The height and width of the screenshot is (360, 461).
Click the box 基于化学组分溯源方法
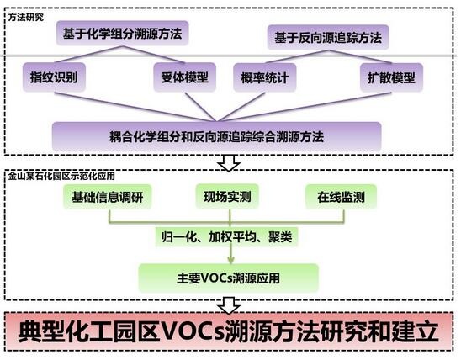[x=122, y=33]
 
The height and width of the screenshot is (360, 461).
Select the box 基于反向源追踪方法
[x=328, y=38]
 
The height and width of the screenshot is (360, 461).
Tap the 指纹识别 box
[x=54, y=77]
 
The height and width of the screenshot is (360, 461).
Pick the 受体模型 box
[x=184, y=77]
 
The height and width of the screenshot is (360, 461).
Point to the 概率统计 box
[x=265, y=78]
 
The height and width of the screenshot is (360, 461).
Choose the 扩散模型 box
[x=391, y=78]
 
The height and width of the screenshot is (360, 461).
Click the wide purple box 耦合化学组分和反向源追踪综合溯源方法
[x=217, y=136]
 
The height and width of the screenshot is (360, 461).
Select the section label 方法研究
[x=26, y=18]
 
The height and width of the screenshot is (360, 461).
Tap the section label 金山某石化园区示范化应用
[x=61, y=176]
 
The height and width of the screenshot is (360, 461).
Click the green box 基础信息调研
[x=108, y=197]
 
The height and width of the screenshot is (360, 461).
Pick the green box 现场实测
[x=227, y=196]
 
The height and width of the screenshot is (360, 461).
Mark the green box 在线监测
[x=341, y=197]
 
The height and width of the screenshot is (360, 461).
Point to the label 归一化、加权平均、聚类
[x=226, y=236]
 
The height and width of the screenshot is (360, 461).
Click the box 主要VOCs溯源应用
[x=229, y=278]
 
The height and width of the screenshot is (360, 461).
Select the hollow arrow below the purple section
[x=229, y=163]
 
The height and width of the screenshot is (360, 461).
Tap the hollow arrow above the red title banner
[x=229, y=305]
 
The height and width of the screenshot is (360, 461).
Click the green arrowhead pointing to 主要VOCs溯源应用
[x=231, y=260]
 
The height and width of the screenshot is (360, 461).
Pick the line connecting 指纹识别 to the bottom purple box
[x=135, y=107]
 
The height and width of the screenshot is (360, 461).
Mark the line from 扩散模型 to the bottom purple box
[x=305, y=107]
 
